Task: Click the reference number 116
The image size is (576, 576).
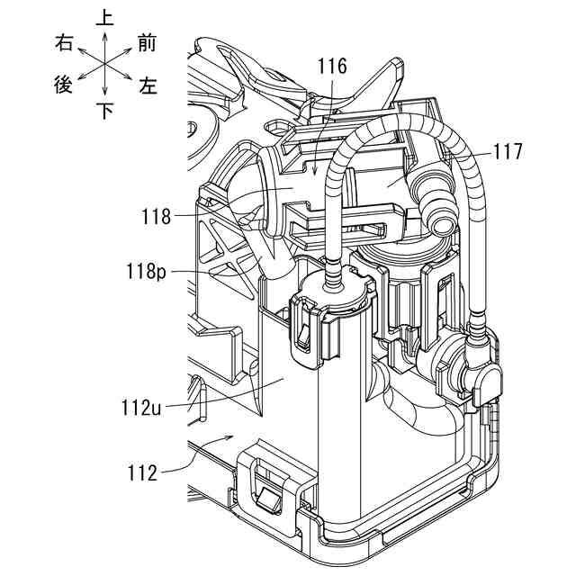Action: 332,66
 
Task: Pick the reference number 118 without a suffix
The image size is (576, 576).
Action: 157,216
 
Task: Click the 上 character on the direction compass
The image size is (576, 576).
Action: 105,17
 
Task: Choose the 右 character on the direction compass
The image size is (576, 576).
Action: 63,41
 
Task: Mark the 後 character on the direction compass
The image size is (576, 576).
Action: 63,86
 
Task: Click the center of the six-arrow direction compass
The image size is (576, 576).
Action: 105,63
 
